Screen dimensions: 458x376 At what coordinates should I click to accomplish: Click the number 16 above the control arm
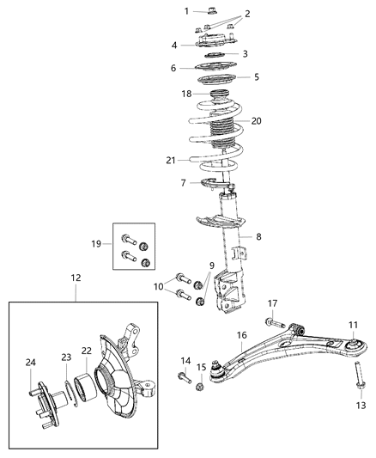[242, 335]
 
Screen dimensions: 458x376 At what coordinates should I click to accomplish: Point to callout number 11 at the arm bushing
[353, 324]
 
